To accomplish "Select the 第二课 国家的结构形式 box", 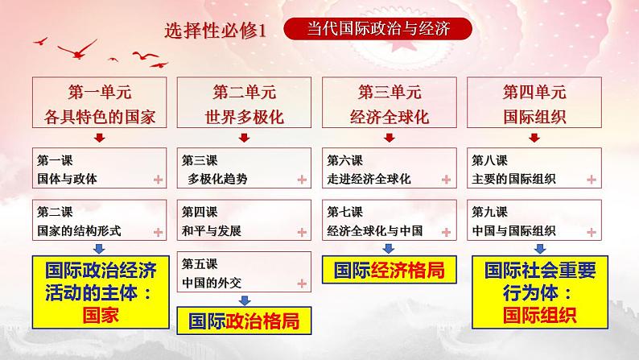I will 100,221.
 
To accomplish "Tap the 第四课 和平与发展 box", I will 244,221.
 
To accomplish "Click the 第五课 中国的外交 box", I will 244,273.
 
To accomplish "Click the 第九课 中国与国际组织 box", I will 533,221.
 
